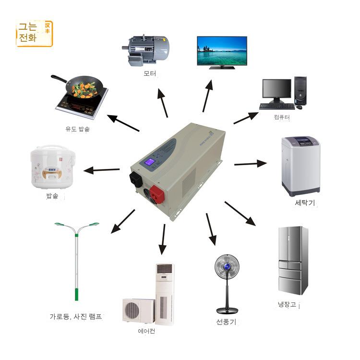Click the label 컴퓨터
282,117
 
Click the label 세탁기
304,203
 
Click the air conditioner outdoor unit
138,311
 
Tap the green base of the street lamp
76,294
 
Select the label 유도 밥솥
77,129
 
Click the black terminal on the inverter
136,179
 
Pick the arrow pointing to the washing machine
250,164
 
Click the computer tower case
300,90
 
